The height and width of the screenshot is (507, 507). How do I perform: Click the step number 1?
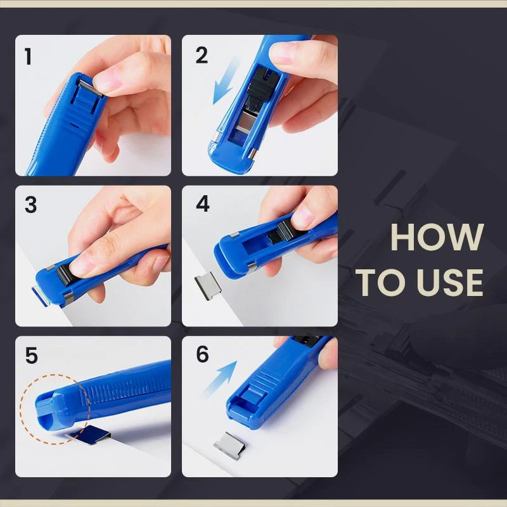28,56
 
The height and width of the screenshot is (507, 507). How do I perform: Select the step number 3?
30,205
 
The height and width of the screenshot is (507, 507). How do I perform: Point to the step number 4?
202,205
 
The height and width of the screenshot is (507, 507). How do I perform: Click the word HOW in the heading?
437,238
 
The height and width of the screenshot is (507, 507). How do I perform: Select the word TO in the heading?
380,283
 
